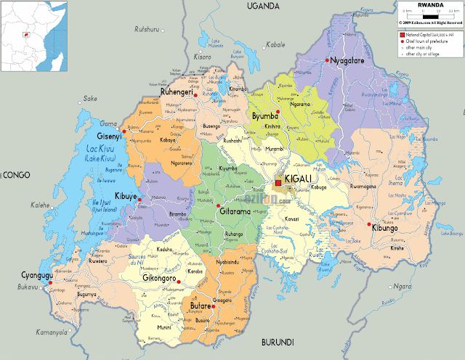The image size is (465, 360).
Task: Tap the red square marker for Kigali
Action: click(278, 184)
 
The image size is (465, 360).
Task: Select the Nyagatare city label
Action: click(352, 61)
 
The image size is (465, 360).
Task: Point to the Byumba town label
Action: click(265, 116)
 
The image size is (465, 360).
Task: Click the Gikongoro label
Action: click(161, 279)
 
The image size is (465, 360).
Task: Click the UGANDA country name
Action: click(262, 6)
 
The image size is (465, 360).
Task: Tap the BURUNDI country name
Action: click(278, 342)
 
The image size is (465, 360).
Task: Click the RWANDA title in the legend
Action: click(430, 4)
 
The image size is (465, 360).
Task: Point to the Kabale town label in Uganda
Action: click(275, 44)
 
